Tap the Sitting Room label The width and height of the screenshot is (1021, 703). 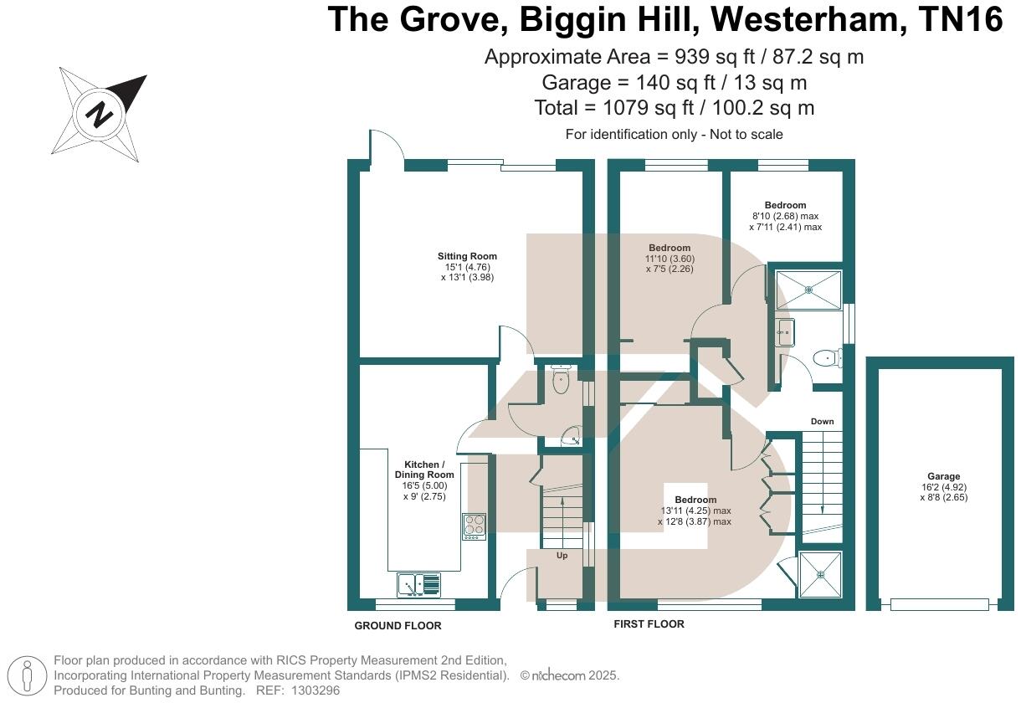tap(467, 266)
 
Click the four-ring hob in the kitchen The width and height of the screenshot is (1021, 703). tap(474, 526)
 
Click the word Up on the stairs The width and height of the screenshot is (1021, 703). tap(562, 555)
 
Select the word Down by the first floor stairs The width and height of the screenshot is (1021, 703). tap(822, 421)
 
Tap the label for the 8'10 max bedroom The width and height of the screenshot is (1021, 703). tap(785, 216)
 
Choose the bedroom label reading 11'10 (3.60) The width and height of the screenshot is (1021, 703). tap(670, 259)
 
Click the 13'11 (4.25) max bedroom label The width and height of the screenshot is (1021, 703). tap(695, 511)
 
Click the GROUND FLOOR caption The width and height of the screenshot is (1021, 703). tap(398, 626)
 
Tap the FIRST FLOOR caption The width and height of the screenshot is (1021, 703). tap(649, 624)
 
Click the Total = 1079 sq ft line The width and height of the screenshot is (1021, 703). tap(674, 108)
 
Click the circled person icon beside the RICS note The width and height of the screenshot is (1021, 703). tap(28, 675)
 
